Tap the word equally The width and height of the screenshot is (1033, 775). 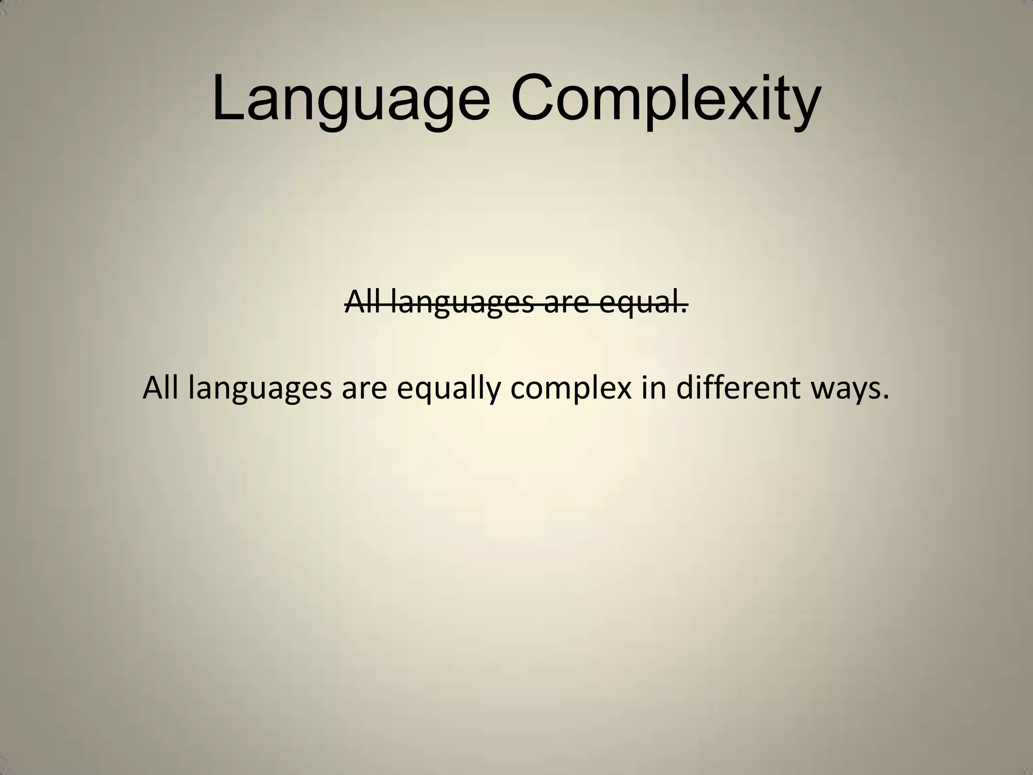coord(448,389)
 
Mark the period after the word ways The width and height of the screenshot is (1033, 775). coord(886,397)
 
